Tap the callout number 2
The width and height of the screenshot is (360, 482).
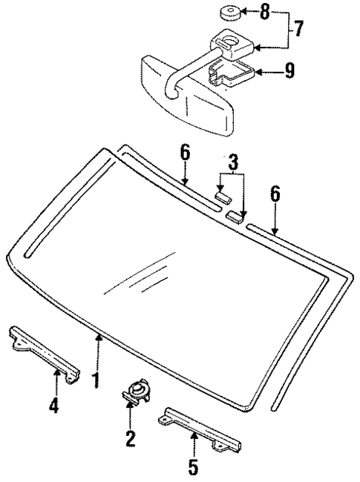pos(131,438)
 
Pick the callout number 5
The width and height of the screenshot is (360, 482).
pos(194,467)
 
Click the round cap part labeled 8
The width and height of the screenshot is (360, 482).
pos(229,13)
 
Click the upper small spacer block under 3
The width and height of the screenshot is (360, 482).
pos(223,197)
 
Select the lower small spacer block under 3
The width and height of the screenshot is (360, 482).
pos(235,216)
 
